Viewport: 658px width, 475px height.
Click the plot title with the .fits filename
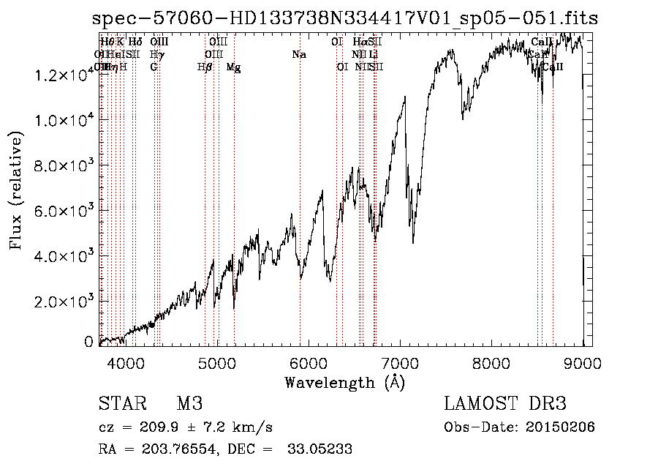coord(345,18)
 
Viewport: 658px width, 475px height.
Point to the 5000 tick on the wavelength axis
coord(217,362)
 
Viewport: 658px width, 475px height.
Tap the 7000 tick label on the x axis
coord(401,362)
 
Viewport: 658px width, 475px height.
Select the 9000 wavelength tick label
coord(583,362)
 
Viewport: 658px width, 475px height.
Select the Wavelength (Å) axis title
coord(344,381)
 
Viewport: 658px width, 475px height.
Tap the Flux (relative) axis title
coord(16,190)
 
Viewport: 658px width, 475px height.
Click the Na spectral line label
coord(298,55)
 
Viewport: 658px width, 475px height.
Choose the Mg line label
coord(234,67)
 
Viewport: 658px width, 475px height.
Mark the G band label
coord(154,67)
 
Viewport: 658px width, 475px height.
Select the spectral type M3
coord(189,404)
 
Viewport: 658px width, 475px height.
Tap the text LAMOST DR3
coord(505,404)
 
